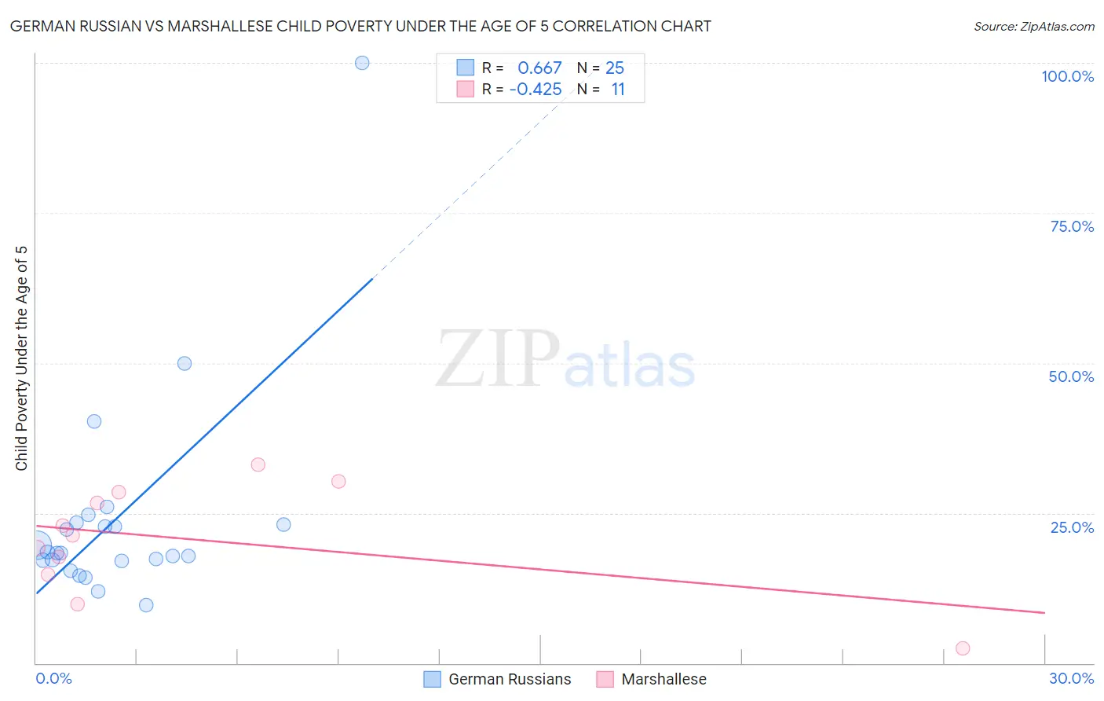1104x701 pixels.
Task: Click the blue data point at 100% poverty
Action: tap(362, 63)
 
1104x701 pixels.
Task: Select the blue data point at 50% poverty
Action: tap(185, 363)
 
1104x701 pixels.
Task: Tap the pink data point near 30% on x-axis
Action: tap(963, 648)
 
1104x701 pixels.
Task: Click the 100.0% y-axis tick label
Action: tap(1067, 76)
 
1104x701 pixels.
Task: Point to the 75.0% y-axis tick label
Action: tap(1072, 226)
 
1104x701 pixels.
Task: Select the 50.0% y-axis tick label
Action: tap(1071, 376)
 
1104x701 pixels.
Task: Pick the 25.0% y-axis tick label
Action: tap(1072, 527)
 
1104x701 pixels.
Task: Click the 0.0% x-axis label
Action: tap(53, 678)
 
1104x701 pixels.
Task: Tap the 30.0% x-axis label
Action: tap(1071, 678)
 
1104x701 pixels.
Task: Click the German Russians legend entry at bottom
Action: tap(510, 679)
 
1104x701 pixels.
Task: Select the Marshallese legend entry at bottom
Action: tap(663, 679)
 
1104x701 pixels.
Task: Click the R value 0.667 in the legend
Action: tap(539, 68)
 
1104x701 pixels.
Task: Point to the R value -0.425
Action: tap(536, 90)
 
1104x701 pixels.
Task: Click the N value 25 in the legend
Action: tap(615, 68)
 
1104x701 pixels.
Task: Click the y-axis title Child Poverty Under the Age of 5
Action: tap(22, 358)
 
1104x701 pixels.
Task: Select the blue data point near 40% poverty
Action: tap(94, 421)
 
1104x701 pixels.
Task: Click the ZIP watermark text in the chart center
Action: tap(498, 359)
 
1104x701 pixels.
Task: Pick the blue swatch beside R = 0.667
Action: tap(466, 68)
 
